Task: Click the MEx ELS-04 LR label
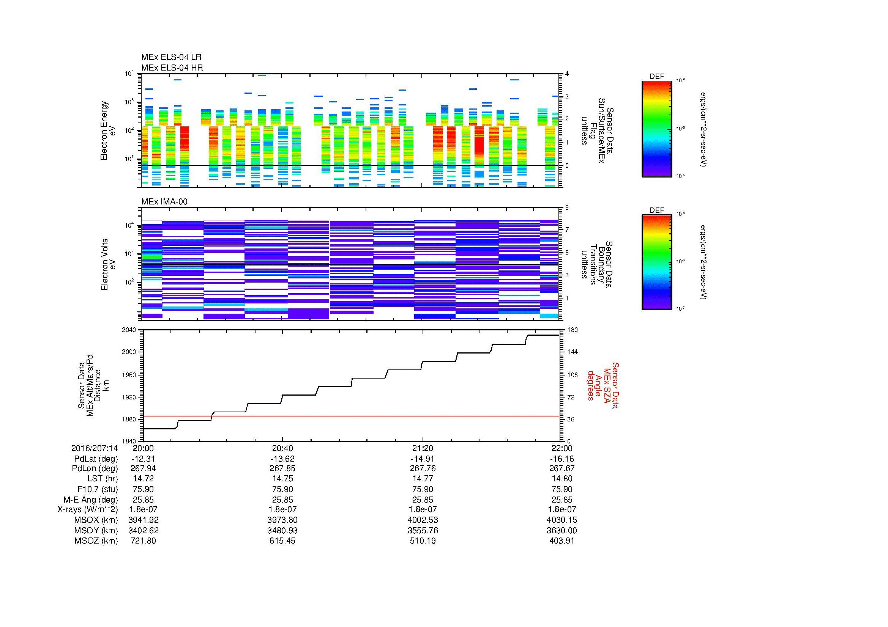click(171, 58)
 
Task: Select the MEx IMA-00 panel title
click(164, 202)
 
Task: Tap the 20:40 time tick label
click(282, 448)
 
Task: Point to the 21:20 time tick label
click(423, 448)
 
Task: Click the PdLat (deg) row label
click(96, 459)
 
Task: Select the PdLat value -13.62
click(282, 459)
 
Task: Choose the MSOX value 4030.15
click(562, 520)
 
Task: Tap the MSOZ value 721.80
click(144, 541)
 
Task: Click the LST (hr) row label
click(102, 479)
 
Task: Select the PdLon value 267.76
click(423, 468)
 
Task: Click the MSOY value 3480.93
click(282, 531)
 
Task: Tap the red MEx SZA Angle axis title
click(603, 385)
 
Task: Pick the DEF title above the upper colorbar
click(657, 77)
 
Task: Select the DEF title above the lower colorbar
click(657, 211)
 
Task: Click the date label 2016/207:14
click(95, 448)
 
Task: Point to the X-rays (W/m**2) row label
click(87, 510)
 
